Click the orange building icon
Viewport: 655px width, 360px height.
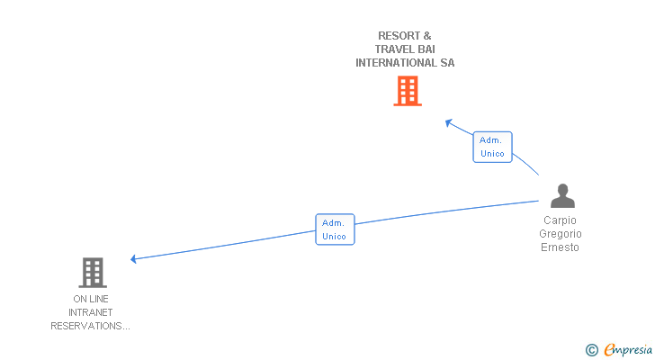(407, 91)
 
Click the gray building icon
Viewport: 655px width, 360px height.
(93, 272)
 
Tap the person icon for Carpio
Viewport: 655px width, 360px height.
(562, 196)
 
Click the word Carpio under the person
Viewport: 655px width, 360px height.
(560, 220)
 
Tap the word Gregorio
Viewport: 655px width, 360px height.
(560, 234)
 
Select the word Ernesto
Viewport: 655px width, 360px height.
(560, 247)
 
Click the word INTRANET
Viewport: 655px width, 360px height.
(90, 312)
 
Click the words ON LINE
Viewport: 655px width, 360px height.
(90, 299)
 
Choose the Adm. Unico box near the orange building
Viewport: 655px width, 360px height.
(492, 147)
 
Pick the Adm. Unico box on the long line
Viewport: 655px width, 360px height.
(335, 229)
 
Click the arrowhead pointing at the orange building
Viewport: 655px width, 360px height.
(449, 122)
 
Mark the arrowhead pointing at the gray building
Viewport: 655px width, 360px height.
(134, 259)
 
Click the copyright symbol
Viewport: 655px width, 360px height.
(591, 350)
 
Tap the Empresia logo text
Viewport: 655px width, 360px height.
(628, 350)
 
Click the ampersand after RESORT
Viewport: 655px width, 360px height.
(426, 36)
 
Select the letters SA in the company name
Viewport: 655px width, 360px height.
(447, 63)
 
